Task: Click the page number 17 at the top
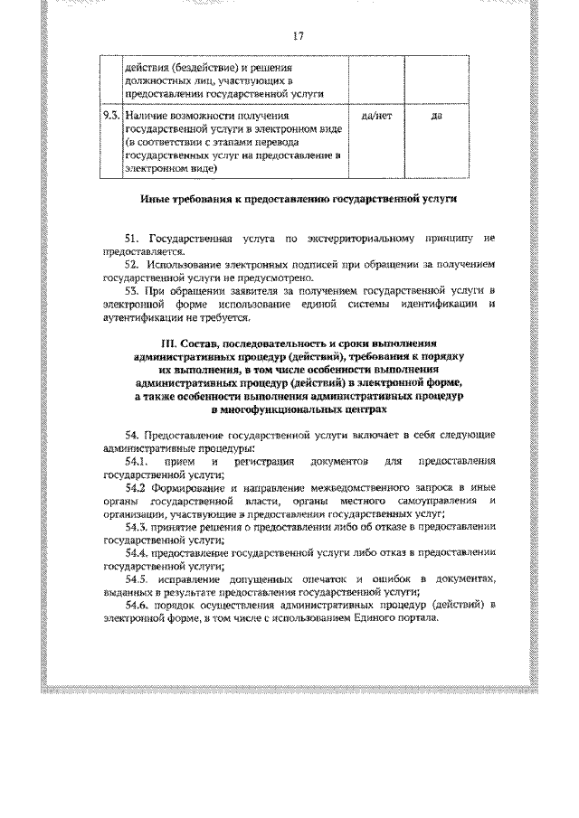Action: (297, 37)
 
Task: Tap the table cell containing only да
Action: (436, 117)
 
